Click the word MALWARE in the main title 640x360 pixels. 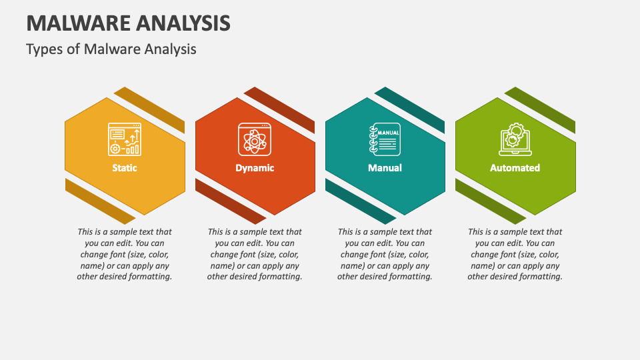77,23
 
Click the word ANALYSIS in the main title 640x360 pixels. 181,23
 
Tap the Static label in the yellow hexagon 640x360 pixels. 125,168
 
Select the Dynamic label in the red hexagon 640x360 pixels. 255,168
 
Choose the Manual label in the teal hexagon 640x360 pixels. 385,168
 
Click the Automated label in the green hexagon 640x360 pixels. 515,168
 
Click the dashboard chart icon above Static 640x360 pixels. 125,139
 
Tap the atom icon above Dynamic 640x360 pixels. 255,139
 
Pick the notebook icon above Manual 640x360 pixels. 385,139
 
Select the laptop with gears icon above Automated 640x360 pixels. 515,139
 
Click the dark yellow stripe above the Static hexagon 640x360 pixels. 149,110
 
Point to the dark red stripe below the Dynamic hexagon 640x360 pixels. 231,201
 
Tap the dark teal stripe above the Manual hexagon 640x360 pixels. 409,110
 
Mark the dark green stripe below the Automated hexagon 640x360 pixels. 491,201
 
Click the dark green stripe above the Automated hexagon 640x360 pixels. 539,110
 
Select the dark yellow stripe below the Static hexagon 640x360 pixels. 101,201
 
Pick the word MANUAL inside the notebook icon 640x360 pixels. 388,133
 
